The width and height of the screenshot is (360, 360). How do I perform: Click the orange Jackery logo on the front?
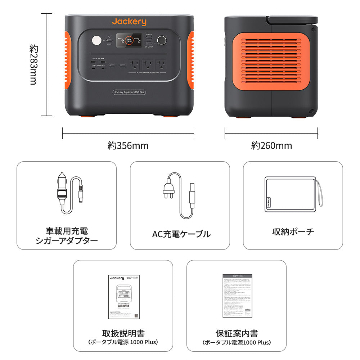point(129,22)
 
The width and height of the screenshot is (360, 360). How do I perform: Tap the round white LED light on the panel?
point(96,41)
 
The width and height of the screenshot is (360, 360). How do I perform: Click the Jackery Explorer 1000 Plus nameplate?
point(129,92)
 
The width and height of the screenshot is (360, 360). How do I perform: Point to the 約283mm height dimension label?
point(33,65)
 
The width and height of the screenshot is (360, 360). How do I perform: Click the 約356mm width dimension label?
point(128,145)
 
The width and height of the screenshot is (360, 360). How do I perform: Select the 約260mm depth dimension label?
point(271,145)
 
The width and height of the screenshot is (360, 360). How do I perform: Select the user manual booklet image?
point(123,297)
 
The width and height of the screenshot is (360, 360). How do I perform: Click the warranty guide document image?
point(237,296)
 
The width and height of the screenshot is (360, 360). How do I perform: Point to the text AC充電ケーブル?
point(181,234)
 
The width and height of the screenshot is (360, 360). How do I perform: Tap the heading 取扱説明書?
point(123,333)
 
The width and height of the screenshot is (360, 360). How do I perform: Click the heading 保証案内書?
point(237,333)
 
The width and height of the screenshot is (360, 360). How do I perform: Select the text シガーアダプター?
point(67,241)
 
